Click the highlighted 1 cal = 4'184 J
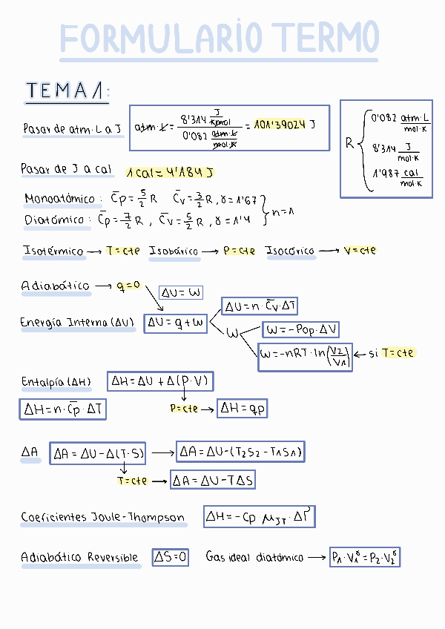click(170, 172)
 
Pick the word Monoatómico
click(60, 199)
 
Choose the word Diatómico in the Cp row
click(53, 220)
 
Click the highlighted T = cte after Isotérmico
click(123, 251)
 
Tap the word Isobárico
click(174, 251)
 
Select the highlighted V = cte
click(360, 251)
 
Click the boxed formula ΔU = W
click(180, 293)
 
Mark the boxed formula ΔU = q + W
click(175, 323)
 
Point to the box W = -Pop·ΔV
click(300, 329)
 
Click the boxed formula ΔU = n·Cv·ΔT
click(260, 306)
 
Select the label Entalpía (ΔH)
click(56, 383)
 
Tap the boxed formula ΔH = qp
click(247, 409)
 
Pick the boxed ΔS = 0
click(171, 557)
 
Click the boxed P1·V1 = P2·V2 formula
click(365, 557)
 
